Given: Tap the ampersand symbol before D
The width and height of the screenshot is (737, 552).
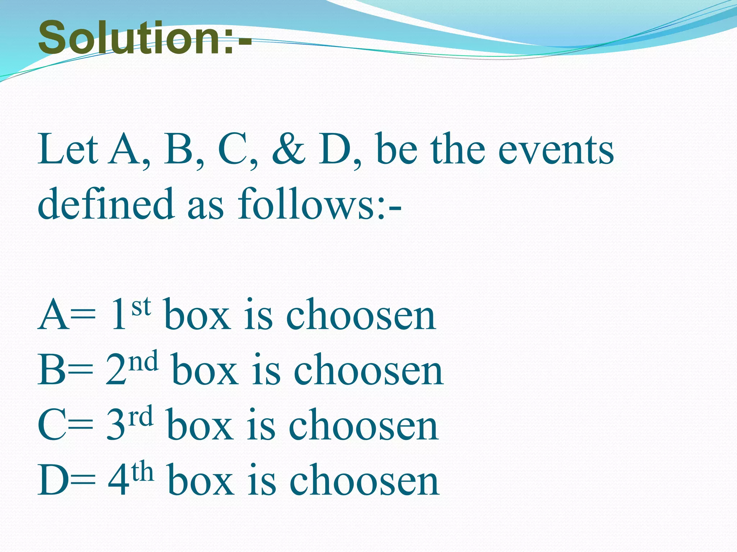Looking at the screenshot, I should [288, 149].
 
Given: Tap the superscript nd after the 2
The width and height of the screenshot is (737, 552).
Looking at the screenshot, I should [144, 362].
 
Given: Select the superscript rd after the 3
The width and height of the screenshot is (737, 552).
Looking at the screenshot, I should [141, 417].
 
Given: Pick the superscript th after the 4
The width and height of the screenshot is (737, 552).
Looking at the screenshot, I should [143, 471].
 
